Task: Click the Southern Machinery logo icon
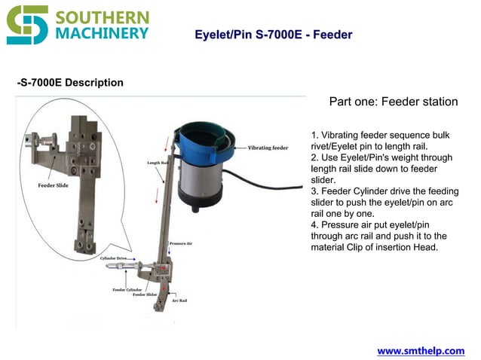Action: [x=27, y=25]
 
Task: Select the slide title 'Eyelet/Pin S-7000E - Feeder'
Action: [x=273, y=35]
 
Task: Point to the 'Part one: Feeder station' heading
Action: [x=394, y=102]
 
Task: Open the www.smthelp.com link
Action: [x=421, y=351]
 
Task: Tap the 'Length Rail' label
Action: [x=156, y=163]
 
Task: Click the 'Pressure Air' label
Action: [x=181, y=243]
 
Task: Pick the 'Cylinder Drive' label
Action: [x=115, y=258]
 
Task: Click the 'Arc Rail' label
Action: [x=179, y=301]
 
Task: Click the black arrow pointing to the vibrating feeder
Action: [x=238, y=148]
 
